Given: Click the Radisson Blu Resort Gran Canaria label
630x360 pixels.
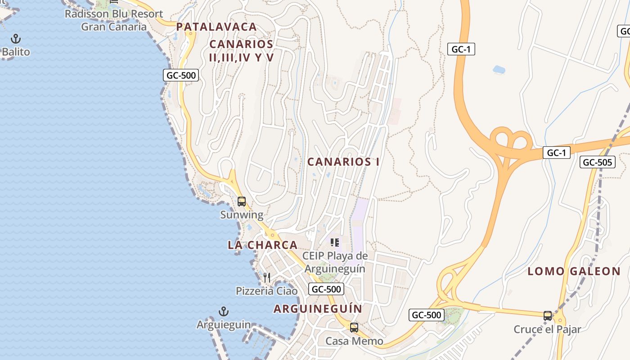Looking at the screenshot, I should point(113,20).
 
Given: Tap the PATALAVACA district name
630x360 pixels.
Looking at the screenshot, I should point(216,27).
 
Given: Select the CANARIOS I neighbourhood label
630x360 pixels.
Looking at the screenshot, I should point(343,162).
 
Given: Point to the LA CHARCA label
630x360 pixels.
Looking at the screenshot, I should point(262,245).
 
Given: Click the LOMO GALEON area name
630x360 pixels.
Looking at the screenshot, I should point(574,271).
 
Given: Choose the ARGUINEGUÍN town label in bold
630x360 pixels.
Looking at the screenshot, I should point(318,309).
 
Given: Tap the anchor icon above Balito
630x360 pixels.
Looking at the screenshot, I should point(16,39).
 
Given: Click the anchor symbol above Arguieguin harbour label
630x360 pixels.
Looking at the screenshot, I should point(224,311).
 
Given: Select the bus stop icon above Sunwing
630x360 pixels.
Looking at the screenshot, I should point(242,202).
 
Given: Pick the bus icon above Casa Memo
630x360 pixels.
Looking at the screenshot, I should point(354,328).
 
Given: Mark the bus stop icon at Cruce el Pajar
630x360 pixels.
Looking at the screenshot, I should point(548,316).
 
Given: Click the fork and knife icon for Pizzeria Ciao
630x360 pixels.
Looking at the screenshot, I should point(267,278).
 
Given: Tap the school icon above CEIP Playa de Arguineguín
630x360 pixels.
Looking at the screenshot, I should point(334,243).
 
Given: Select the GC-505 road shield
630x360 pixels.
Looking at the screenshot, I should point(597,162).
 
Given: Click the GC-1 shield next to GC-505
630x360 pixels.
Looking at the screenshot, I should point(556,153).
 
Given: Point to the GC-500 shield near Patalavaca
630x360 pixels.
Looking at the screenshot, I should point(181,76).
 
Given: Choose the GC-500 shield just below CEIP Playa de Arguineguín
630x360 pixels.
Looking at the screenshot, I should point(326,289).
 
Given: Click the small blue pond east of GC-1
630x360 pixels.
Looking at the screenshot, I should point(499,70).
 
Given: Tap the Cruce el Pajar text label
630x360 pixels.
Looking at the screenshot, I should point(547,329).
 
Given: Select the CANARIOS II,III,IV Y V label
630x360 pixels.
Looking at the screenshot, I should point(242,51).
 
